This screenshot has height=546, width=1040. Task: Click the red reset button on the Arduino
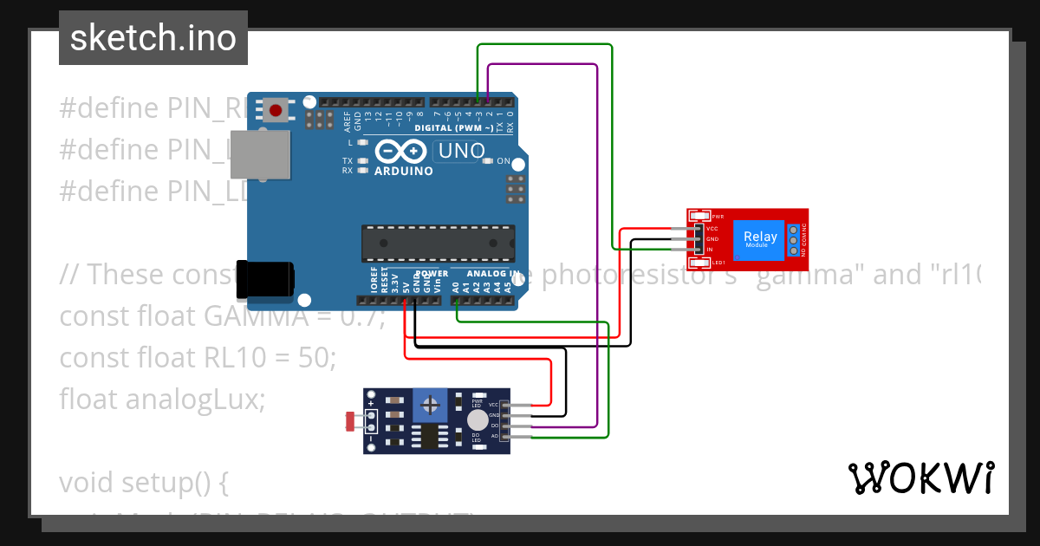(x=276, y=110)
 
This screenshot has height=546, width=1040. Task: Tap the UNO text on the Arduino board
(x=462, y=151)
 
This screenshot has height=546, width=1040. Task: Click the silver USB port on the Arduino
(x=268, y=155)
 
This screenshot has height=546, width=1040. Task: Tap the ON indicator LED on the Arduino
(x=488, y=161)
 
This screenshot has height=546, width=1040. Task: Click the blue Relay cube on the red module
(x=760, y=239)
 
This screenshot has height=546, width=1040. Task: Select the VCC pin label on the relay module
(x=712, y=229)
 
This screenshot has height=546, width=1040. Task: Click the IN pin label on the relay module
(x=710, y=250)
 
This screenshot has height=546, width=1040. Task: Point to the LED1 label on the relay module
(x=718, y=263)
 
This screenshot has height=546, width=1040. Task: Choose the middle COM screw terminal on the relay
(x=793, y=239)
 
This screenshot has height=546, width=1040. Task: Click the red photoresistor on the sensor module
(x=351, y=422)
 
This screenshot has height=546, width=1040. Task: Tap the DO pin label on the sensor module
(x=495, y=426)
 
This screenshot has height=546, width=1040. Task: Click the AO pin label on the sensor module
(x=495, y=436)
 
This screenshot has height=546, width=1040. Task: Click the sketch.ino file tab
(x=153, y=38)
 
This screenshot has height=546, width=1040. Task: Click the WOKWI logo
(x=920, y=478)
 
